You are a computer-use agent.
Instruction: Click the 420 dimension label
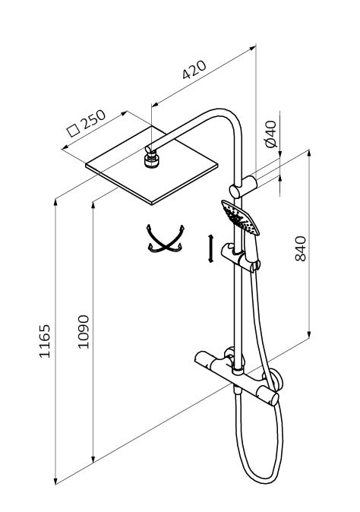194,70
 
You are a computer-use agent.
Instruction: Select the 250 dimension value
93,119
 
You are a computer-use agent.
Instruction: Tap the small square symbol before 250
73,131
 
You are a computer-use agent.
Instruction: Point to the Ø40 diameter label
271,134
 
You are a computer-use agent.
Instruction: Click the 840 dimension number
300,248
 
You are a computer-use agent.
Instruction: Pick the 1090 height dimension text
84,332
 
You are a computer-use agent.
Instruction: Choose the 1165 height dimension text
44,341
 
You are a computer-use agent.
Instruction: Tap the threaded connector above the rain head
151,160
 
